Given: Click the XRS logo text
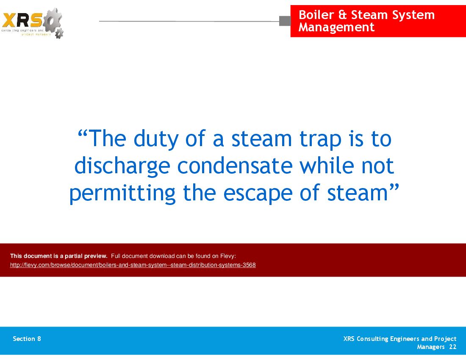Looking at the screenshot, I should pos(22,20).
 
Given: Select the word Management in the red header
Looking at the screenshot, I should pos(336,28).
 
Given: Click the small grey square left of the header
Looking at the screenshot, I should pos(285,21).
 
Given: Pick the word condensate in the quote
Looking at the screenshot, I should pos(235,166).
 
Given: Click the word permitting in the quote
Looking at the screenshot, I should pos(122,193).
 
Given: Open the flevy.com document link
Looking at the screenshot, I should pos(133,265).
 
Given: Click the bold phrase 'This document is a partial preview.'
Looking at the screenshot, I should pos(58,256).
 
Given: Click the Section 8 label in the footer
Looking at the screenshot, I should pos(27,339).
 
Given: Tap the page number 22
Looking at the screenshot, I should pos(452,347).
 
